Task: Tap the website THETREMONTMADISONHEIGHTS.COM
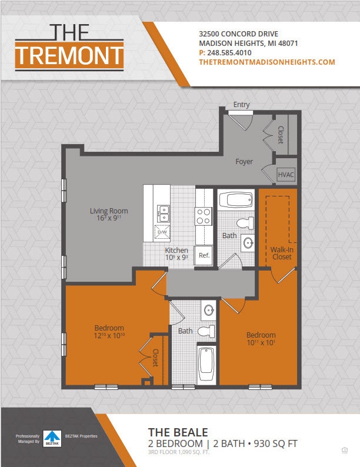click(x=267, y=62)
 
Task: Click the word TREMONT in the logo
click(x=69, y=55)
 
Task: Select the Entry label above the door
click(x=241, y=105)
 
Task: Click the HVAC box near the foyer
click(x=286, y=175)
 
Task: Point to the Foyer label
click(x=244, y=161)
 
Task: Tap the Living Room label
click(x=109, y=211)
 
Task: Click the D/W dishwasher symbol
click(x=162, y=233)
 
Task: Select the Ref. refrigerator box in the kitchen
click(x=204, y=255)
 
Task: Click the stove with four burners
click(x=204, y=216)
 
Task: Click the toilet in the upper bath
click(x=244, y=223)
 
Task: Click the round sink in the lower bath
click(x=208, y=309)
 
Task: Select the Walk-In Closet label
click(x=281, y=253)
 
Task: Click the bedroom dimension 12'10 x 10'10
click(x=109, y=336)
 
